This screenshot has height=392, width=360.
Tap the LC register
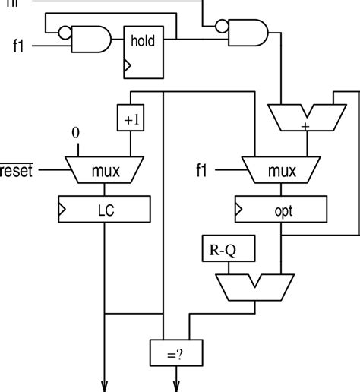(x=105, y=207)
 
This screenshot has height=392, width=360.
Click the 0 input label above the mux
(x=75, y=134)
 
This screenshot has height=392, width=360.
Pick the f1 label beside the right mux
(x=201, y=171)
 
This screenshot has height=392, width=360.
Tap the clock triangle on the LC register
(x=62, y=207)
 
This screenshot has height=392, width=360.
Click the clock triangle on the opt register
(x=239, y=207)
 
